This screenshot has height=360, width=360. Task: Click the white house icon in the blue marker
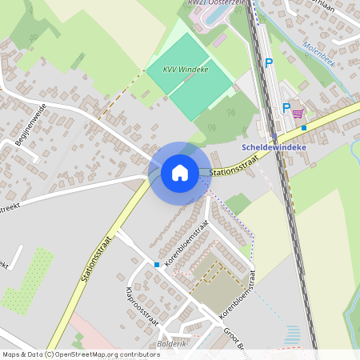pyautogui.click(x=180, y=172)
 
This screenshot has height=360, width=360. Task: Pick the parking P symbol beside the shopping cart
pyautogui.click(x=286, y=108)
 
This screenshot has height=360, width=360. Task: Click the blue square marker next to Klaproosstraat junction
pyautogui.click(x=157, y=264)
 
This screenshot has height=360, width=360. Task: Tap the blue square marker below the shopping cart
pyautogui.click(x=304, y=127)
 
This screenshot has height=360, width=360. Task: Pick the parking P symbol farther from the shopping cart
pyautogui.click(x=269, y=62)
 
